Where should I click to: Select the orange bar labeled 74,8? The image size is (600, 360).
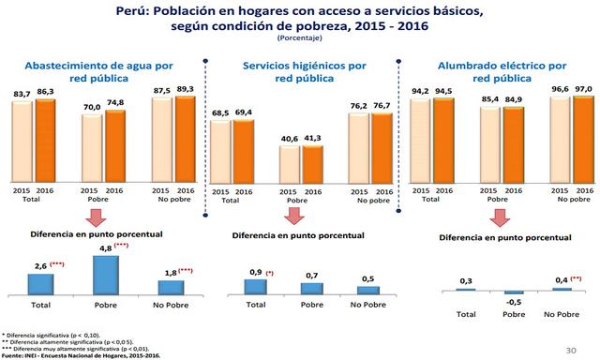115,148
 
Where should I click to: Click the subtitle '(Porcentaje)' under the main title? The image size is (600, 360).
299,39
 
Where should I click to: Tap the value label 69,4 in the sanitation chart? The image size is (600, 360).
244,112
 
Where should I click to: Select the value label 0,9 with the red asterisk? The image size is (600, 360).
252,272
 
